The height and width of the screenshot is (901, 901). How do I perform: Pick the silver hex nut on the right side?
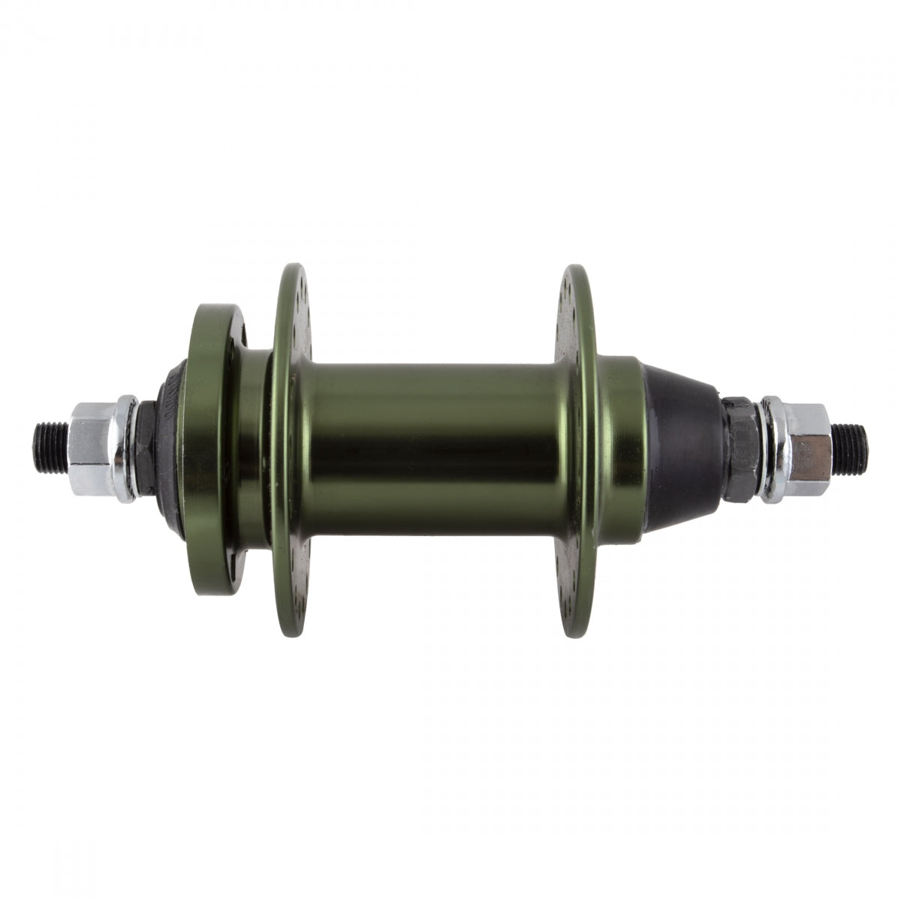point(806,449)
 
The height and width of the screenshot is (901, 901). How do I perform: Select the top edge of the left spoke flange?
point(295,270)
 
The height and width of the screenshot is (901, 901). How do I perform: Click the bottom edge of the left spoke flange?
point(295,634)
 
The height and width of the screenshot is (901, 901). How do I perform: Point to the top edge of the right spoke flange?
point(574,270)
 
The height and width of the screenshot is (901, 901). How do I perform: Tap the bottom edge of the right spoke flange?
point(574,634)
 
